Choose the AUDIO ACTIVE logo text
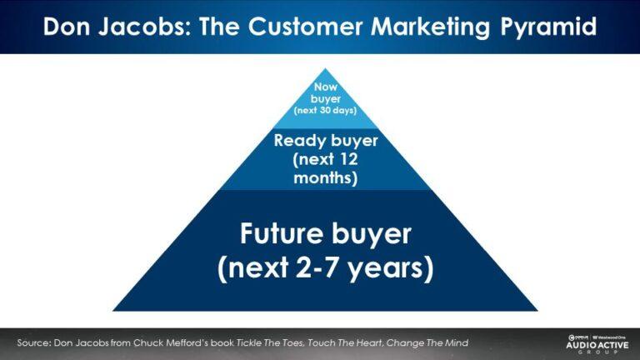click(x=593, y=343)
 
